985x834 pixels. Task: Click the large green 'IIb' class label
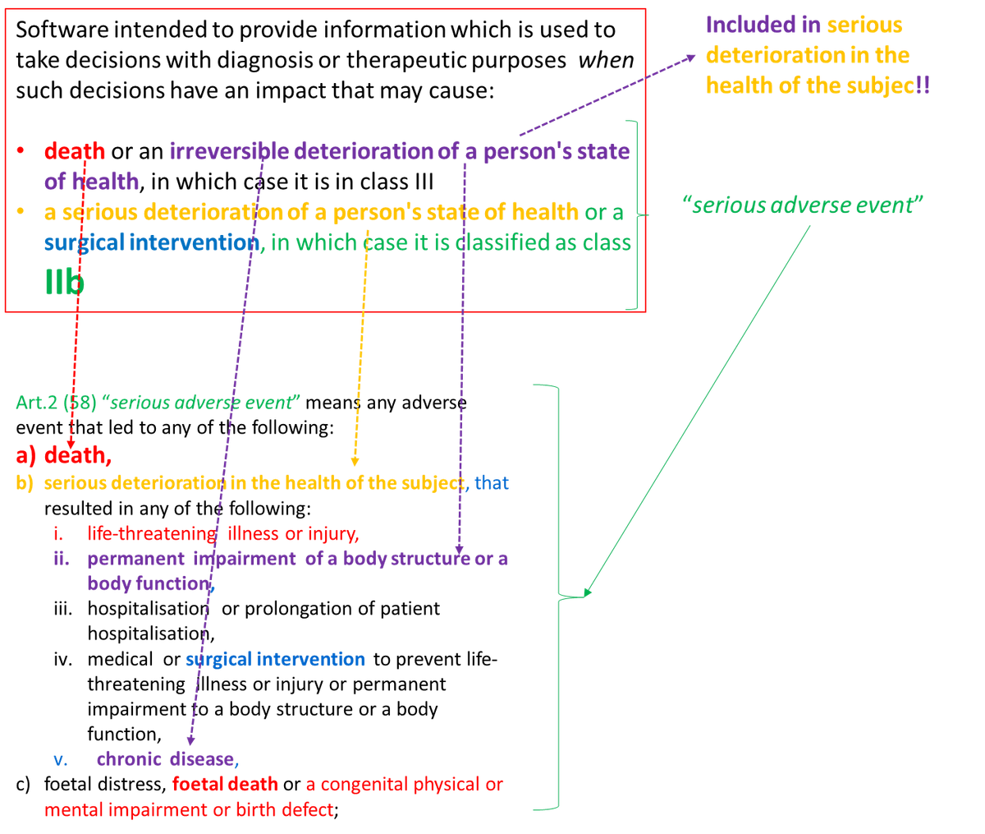64,282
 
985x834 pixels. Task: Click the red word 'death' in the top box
75,150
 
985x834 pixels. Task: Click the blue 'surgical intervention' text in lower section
275,660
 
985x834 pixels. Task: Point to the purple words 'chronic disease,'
167,758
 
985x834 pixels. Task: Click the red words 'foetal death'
225,784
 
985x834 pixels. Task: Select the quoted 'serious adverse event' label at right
803,205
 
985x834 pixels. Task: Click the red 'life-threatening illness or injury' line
222,534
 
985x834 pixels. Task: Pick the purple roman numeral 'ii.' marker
59,559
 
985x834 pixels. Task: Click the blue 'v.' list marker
61,758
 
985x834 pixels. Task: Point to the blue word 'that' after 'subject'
492,482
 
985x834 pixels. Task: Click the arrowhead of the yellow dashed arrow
355,463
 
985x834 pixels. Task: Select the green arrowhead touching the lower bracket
587,591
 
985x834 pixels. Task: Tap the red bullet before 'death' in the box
21,150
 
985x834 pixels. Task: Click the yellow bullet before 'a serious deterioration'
21,212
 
